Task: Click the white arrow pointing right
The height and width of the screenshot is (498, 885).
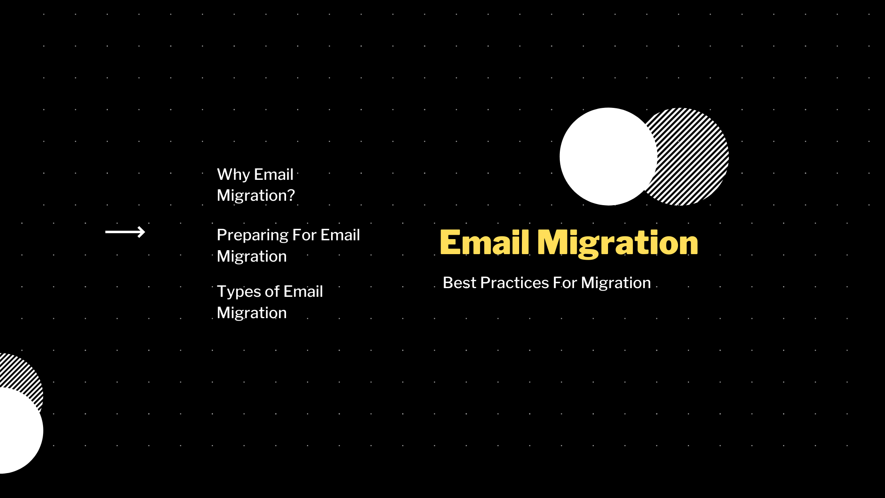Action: click(x=125, y=232)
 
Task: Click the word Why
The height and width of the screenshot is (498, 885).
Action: click(x=233, y=175)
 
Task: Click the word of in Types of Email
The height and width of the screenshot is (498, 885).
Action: click(x=272, y=292)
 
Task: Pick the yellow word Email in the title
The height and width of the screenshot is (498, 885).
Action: click(x=484, y=242)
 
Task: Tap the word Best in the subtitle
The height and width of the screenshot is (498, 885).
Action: click(x=459, y=283)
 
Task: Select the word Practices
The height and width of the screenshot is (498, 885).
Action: click(x=514, y=283)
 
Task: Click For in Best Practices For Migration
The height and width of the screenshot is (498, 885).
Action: click(x=565, y=283)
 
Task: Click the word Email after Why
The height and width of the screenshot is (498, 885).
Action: click(x=274, y=175)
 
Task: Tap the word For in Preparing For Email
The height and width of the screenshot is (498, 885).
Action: click(x=304, y=235)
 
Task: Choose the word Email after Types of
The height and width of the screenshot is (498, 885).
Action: click(x=303, y=292)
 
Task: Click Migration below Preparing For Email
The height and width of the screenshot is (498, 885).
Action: click(x=252, y=257)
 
